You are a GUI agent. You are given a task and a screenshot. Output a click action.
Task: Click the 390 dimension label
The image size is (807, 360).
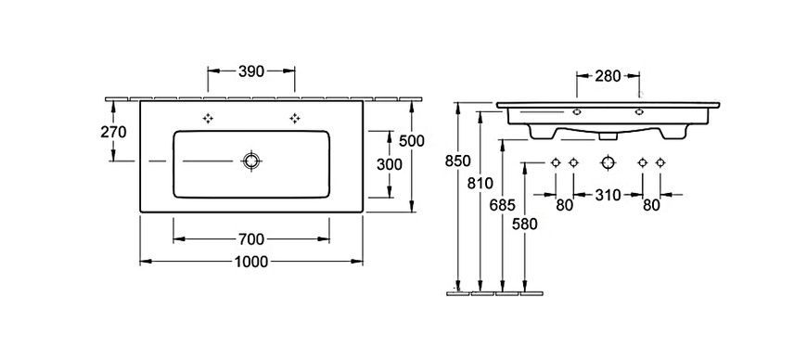tap(251, 71)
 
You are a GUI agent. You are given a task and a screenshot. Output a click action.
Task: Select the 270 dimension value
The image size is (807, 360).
tap(113, 133)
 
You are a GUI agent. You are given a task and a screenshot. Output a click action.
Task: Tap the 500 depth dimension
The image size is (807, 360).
tap(412, 141)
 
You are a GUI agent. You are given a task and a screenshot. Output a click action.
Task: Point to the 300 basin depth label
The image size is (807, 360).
tap(389, 164)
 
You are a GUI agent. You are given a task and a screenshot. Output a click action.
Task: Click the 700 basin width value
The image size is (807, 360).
tap(251, 239)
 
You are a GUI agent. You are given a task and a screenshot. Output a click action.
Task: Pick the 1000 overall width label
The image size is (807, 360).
tap(251, 263)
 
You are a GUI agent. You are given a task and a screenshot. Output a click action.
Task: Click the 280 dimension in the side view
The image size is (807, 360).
tap(608, 76)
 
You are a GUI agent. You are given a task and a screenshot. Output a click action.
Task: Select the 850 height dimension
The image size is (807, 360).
tap(457, 161)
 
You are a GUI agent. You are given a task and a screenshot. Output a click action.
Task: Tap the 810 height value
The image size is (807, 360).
tap(480, 183)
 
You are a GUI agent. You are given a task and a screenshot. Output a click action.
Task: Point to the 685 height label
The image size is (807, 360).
tap(503, 205)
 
